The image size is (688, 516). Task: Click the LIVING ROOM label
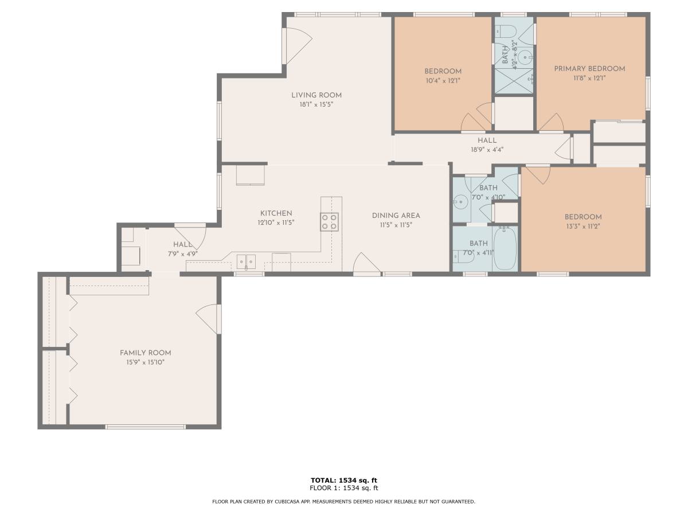click(316, 95)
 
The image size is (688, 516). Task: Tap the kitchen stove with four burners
click(329, 222)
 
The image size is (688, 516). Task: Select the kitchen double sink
click(246, 261)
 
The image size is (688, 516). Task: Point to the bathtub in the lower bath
click(505, 248)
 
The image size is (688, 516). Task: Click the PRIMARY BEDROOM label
click(589, 69)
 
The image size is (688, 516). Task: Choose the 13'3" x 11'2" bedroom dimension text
click(583, 226)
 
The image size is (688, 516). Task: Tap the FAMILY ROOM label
click(146, 353)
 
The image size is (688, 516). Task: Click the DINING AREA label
click(396, 216)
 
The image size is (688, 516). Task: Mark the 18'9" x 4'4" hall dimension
click(487, 150)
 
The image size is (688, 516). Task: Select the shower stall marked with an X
click(513, 80)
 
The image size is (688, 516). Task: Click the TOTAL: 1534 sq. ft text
click(344, 480)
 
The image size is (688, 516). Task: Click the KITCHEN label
click(276, 213)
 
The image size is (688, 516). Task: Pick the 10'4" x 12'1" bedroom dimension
click(443, 80)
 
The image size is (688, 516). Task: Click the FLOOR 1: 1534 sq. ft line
click(344, 488)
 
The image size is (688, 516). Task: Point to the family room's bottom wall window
click(146, 427)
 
